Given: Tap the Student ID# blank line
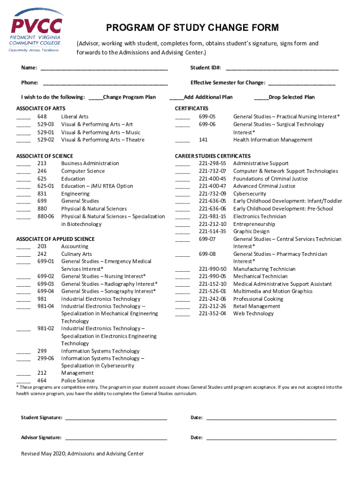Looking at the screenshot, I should click(x=282, y=68).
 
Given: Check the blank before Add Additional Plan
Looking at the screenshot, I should click(x=176, y=98).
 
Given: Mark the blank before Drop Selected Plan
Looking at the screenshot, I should click(x=261, y=98).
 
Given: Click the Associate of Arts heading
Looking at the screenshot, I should click(x=41, y=109).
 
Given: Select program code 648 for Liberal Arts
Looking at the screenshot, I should click(x=42, y=116).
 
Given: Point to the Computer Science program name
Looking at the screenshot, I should click(x=83, y=171).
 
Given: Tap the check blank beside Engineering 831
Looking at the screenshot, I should click(x=23, y=194).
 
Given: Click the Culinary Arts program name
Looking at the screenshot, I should click(x=77, y=254).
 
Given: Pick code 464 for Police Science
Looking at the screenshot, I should click(x=42, y=381).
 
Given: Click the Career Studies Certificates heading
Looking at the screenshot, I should click(x=213, y=156).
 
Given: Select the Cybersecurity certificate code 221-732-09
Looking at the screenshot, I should click(x=212, y=194).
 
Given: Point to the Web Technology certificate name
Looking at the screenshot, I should click(x=253, y=313).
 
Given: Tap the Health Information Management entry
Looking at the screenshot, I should click(x=273, y=140).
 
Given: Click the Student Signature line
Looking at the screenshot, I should click(x=116, y=418).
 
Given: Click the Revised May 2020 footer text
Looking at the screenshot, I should click(x=82, y=454).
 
